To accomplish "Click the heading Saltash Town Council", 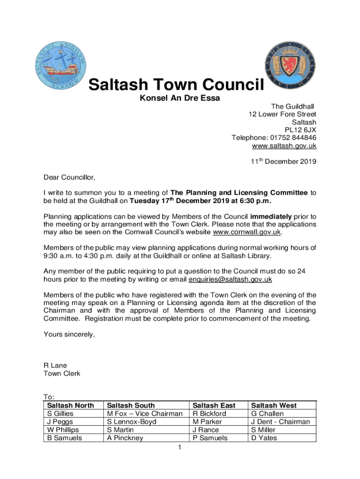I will click(x=176, y=86).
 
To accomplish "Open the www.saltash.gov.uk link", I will click(x=284, y=145).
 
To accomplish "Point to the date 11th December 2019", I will click(x=284, y=162).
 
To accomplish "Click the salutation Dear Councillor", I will click(x=69, y=177).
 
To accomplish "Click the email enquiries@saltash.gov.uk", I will click(x=230, y=279).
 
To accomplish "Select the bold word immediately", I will click(x=272, y=216).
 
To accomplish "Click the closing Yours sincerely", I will click(x=69, y=334).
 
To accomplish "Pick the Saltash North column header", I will click(x=71, y=405).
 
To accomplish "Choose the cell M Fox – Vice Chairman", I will click(x=144, y=414).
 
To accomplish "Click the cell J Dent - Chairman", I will click(x=280, y=421).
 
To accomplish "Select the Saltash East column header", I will click(x=214, y=405).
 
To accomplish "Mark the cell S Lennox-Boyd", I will click(x=131, y=421).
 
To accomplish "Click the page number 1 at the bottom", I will click(x=180, y=448).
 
